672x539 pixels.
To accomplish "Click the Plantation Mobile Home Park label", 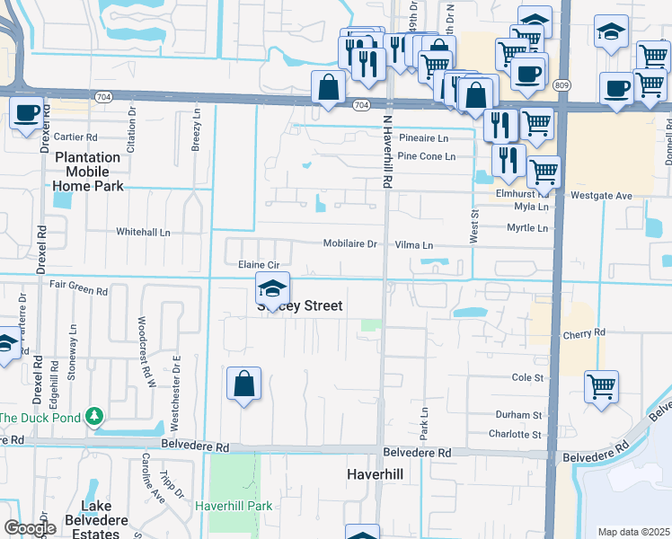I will point(87,172).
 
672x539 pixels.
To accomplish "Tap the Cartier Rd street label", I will point(75,137).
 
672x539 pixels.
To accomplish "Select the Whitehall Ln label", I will point(143,232).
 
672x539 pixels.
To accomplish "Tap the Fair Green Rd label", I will point(78,291).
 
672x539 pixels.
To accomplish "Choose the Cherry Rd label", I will point(584,332).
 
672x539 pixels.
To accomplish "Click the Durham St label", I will point(519,415).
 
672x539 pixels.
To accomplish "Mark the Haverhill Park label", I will point(234,507).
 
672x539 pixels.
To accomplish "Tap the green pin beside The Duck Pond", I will point(93,417).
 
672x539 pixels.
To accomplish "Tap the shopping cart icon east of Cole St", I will point(600,387).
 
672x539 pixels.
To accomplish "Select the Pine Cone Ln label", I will point(426,156).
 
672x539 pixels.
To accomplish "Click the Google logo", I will point(30,528).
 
